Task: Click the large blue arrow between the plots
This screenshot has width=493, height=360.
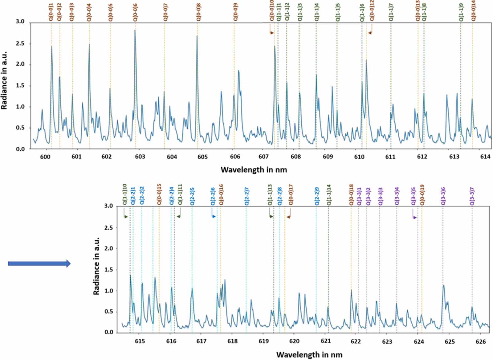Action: tap(39, 264)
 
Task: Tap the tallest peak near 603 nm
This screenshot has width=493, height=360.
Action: tap(135, 30)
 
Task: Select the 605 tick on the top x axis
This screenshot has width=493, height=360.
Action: tap(202, 157)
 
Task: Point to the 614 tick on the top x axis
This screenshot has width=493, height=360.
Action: tap(485, 157)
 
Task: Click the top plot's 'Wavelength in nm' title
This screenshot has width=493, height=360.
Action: tap(254, 170)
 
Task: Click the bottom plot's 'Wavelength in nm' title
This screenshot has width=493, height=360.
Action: tap(309, 354)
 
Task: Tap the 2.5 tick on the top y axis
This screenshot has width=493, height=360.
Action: tap(20, 44)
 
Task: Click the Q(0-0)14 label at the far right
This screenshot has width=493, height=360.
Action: tap(473, 11)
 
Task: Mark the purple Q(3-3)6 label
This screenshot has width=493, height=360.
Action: tap(443, 196)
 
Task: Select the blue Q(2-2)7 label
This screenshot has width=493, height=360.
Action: tap(246, 196)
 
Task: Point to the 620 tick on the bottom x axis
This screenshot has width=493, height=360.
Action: tap(294, 341)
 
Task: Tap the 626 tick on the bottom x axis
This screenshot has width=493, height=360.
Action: tap(481, 341)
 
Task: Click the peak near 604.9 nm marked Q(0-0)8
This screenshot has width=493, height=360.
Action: tap(197, 36)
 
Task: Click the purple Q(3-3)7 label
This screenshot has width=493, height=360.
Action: tap(472, 196)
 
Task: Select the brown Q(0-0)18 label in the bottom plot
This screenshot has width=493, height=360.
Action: tap(351, 195)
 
